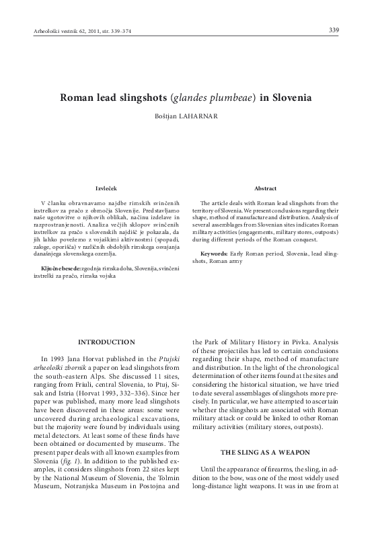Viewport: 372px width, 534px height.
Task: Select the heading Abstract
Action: (x=266, y=188)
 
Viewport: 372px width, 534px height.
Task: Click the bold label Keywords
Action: (x=214, y=254)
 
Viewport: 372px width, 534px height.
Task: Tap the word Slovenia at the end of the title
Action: (x=291, y=97)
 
